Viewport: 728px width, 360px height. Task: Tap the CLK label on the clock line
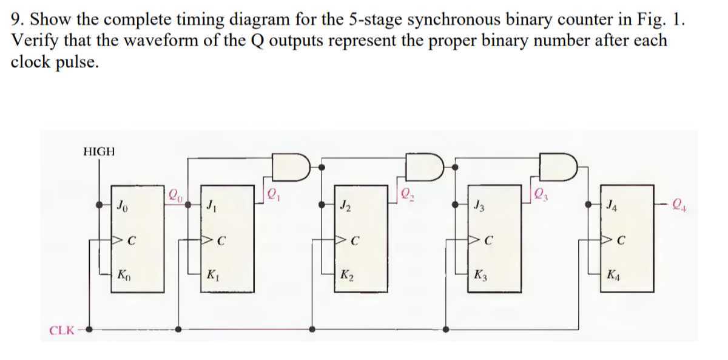(x=62, y=331)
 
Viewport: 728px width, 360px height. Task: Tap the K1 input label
(x=214, y=274)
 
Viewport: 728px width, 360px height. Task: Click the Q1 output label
(x=273, y=196)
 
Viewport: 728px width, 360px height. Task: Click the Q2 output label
(x=406, y=196)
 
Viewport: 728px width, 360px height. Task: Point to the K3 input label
(x=480, y=274)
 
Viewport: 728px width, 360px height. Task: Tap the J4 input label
(x=613, y=206)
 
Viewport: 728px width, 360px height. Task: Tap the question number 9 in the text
(x=16, y=20)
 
